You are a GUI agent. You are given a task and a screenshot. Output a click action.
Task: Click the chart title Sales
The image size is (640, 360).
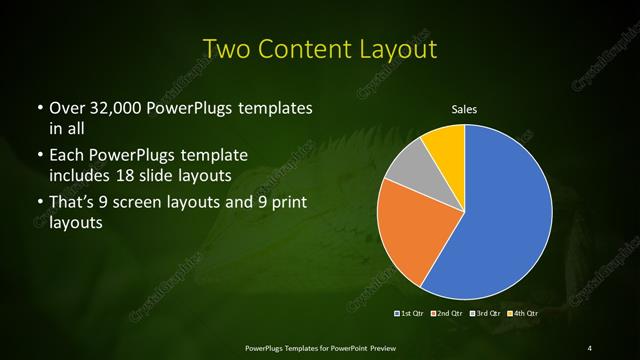(466, 108)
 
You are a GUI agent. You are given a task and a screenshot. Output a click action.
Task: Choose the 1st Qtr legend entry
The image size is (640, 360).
(411, 314)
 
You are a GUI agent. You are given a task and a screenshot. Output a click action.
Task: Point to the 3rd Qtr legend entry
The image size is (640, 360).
(487, 314)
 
